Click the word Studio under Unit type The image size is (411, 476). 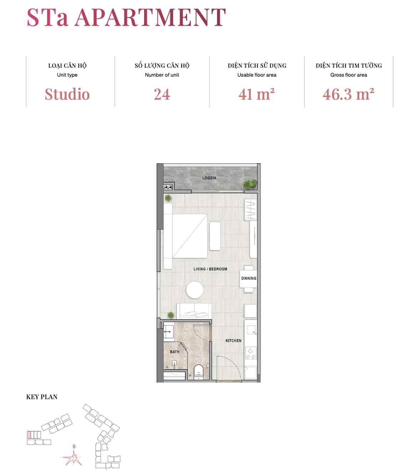point(67,94)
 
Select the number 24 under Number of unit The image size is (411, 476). point(162,94)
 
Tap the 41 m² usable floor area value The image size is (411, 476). point(257,94)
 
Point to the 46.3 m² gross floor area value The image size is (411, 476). point(348,94)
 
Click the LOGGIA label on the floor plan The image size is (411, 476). point(209,178)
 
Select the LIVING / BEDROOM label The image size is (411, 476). point(210,269)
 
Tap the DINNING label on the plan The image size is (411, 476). point(249,278)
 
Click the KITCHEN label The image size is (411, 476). point(234,341)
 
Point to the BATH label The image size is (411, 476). point(175,352)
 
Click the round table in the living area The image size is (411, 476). point(194,290)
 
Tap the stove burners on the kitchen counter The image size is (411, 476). point(251,353)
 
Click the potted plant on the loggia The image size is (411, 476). point(249,184)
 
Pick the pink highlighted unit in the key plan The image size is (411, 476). point(29,435)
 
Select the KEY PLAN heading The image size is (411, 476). point(42,397)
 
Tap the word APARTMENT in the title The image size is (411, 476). point(150,17)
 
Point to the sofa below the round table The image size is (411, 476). point(194,311)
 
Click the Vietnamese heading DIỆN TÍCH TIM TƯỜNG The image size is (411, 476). point(349,66)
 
